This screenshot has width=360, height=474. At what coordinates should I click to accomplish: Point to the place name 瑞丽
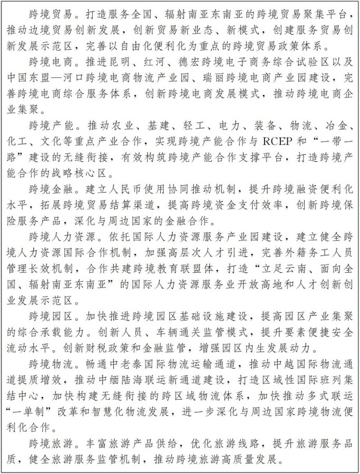click(211, 77)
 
